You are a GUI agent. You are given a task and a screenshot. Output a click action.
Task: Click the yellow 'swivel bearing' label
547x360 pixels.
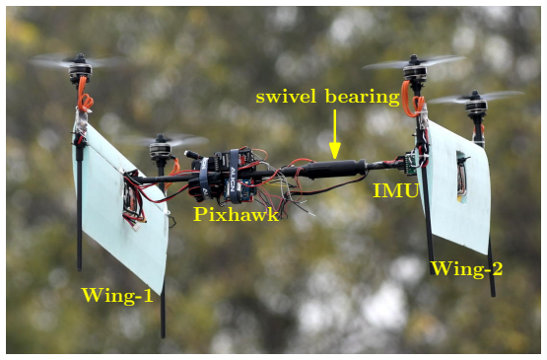click(x=327, y=97)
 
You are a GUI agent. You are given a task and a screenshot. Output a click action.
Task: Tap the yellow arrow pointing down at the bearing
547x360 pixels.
click(x=334, y=134)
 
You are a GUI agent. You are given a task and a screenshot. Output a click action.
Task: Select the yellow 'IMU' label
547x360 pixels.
click(x=395, y=190)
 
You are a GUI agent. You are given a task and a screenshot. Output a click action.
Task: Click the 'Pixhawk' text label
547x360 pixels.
click(x=237, y=214)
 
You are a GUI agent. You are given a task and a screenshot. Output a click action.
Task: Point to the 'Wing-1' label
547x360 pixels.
click(x=117, y=296)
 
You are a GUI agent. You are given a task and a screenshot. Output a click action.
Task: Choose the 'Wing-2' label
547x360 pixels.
click(x=467, y=269)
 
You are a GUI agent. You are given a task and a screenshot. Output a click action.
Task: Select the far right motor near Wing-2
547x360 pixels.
click(x=476, y=104)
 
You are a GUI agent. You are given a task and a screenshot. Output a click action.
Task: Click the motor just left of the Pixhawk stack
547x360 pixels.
click(x=160, y=148)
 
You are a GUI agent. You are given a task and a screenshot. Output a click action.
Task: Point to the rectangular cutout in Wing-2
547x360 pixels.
click(x=461, y=178)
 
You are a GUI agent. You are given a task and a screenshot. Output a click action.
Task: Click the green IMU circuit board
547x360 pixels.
click(x=411, y=164)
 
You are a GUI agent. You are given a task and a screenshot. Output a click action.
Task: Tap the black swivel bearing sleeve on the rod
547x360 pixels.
click(x=334, y=169)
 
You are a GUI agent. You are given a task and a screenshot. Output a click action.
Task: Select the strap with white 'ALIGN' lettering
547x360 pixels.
click(x=233, y=177)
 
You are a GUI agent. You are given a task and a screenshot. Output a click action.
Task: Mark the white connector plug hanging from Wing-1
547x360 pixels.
click(x=137, y=227)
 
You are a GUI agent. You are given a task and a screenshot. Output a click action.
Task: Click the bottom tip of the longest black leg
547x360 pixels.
click(x=163, y=336)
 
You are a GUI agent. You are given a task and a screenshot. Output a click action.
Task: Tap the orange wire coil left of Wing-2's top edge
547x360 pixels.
click(x=411, y=99)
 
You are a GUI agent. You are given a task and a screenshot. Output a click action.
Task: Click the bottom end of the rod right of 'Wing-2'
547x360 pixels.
click(x=493, y=295)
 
